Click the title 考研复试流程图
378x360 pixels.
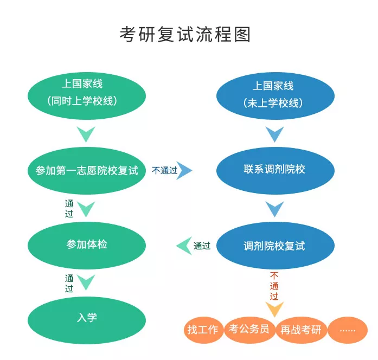click(185, 34)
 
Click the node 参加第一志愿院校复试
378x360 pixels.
click(87, 170)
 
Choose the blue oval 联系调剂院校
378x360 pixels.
click(275, 170)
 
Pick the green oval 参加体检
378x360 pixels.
click(87, 245)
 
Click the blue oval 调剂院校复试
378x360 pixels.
click(275, 246)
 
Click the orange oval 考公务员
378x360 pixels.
click(249, 330)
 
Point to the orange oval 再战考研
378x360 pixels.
click(301, 330)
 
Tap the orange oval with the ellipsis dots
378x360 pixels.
click(347, 330)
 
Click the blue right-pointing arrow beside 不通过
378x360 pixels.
click(185, 170)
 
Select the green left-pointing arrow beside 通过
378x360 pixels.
click(184, 246)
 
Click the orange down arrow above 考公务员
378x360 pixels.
click(274, 310)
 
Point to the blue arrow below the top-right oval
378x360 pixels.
click(275, 134)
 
